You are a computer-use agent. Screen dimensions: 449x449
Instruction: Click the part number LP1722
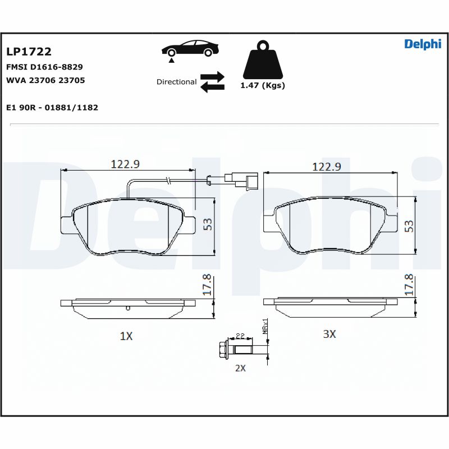click(29, 52)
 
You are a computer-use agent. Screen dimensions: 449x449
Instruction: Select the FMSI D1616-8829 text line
click(44, 67)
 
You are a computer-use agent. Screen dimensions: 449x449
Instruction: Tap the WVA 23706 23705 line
click(45, 80)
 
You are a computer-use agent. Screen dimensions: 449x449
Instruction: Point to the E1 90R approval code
click(52, 107)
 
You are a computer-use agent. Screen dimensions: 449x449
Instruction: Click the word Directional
click(176, 82)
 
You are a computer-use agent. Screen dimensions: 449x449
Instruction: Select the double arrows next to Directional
click(212, 81)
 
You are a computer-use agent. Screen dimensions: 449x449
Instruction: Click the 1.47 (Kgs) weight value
click(262, 86)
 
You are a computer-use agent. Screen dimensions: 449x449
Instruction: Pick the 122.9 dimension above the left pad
click(125, 164)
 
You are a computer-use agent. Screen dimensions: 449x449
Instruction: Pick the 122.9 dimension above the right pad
click(327, 167)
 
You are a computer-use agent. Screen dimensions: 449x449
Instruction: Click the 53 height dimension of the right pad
click(409, 226)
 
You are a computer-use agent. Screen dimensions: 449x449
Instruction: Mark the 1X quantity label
click(126, 336)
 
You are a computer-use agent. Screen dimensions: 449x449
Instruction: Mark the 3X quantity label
click(329, 334)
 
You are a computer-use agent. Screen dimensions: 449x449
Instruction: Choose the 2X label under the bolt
click(240, 368)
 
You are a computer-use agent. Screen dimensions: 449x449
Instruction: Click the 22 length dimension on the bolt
click(240, 336)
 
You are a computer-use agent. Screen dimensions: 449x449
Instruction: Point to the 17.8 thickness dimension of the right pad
click(409, 285)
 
